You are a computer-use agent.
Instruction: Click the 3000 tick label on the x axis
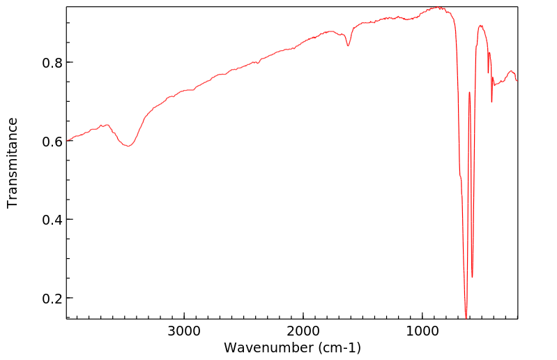pos(184,330)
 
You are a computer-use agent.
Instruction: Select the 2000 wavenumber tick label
pos(303,330)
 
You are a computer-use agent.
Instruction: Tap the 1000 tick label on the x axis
pos(422,330)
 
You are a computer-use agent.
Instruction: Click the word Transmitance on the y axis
pos(13,163)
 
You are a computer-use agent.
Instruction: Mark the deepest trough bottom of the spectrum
pos(466,317)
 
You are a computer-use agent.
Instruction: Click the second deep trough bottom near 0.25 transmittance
pos(472,277)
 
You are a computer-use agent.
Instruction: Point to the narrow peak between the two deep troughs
pos(469,92)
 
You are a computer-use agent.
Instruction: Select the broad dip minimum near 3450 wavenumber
pos(128,146)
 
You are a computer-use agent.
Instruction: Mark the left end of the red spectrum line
pos(68,140)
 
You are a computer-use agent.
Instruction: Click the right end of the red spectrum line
pos(517,80)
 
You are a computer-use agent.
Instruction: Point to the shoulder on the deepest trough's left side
pos(460,177)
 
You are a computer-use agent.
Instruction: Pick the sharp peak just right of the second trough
pos(480,26)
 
